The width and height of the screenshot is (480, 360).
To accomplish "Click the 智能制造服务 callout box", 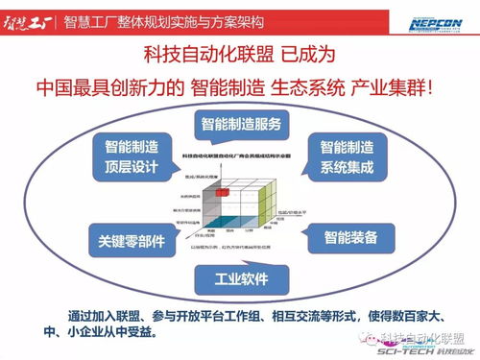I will (241, 124).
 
